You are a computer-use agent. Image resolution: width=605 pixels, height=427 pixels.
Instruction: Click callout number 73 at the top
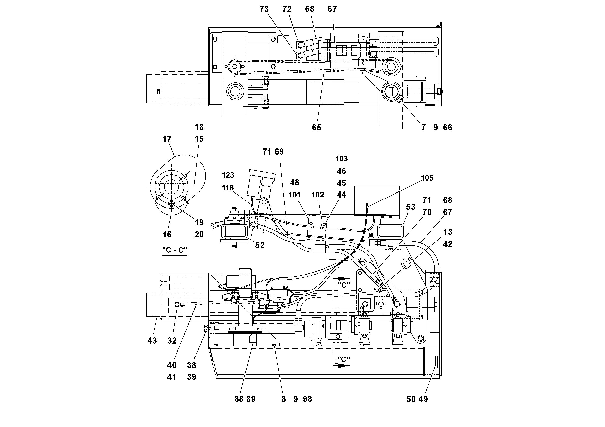click(264, 9)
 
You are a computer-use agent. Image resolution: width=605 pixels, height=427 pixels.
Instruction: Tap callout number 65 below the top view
click(316, 128)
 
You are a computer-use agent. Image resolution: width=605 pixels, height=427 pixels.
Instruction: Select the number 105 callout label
click(427, 178)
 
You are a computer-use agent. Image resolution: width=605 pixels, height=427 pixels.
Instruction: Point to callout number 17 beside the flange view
click(167, 139)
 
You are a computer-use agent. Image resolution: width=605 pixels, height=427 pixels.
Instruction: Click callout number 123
click(228, 175)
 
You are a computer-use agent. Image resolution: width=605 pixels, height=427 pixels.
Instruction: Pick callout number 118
click(228, 188)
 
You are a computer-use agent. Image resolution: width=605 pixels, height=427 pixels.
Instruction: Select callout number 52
click(260, 246)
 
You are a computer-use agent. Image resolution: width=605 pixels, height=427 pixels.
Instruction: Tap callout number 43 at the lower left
click(152, 341)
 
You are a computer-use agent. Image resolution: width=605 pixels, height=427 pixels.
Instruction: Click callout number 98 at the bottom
click(307, 399)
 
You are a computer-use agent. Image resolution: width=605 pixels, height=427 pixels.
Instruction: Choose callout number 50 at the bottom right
click(411, 399)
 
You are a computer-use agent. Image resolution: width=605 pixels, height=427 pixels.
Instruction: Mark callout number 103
click(341, 159)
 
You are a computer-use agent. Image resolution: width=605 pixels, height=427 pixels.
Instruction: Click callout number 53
click(411, 207)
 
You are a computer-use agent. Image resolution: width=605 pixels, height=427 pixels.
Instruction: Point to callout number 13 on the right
click(448, 232)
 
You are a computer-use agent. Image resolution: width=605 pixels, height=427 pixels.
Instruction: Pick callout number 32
click(172, 341)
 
